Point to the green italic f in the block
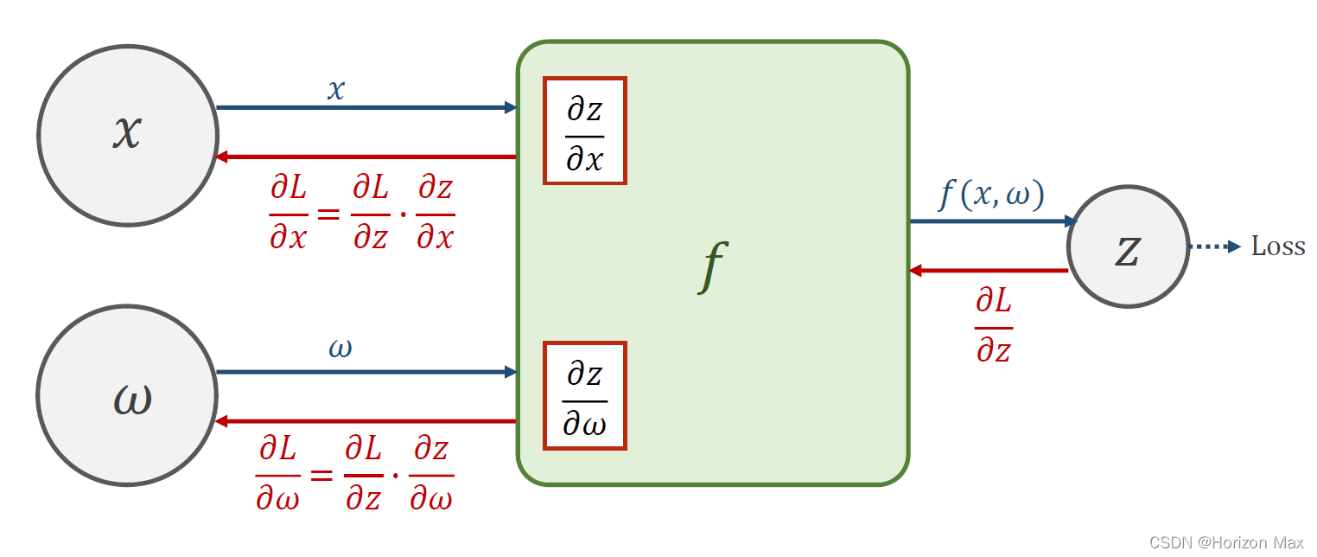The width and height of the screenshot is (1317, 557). (x=713, y=266)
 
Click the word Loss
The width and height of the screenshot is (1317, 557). (x=1277, y=246)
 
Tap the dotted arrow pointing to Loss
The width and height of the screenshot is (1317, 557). (x=1214, y=246)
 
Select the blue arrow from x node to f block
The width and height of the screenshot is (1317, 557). (x=367, y=107)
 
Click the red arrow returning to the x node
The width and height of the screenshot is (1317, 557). (x=366, y=157)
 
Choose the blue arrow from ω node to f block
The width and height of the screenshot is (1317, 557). (x=367, y=372)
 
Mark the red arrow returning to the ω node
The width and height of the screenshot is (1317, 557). (x=366, y=421)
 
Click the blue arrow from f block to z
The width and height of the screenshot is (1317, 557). (x=994, y=221)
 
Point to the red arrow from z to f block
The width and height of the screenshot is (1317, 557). (x=989, y=271)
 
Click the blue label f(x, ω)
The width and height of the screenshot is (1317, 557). (x=991, y=195)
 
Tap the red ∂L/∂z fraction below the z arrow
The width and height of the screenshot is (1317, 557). (x=994, y=325)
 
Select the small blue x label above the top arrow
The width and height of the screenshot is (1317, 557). (x=336, y=90)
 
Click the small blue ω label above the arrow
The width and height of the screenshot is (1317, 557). (x=340, y=349)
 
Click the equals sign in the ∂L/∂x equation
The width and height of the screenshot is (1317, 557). (x=328, y=214)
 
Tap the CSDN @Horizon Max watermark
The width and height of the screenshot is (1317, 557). (x=1226, y=542)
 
